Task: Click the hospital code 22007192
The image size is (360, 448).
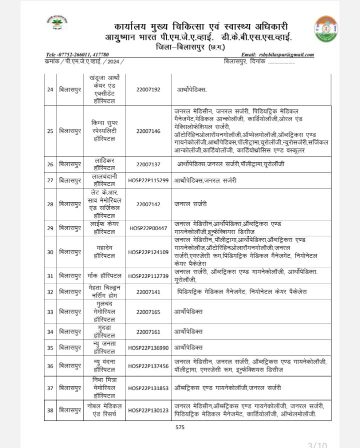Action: pos(148,90)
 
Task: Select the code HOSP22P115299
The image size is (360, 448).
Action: pos(148,180)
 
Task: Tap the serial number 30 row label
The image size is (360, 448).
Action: pos(50,252)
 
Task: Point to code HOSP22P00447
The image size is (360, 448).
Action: pos(148,228)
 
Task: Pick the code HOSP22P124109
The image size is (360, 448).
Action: pos(148,252)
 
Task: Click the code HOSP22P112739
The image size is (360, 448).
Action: pos(148,276)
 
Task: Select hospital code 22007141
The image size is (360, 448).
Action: pos(148,292)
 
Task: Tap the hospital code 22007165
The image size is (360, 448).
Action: pos(148,312)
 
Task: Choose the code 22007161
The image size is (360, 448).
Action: pos(148,332)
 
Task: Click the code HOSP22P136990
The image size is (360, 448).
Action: pos(148,348)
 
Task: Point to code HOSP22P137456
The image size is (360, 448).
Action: pos(148,366)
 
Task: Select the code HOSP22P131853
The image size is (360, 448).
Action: pos(148,388)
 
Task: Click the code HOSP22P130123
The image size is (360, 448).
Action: pos(148,411)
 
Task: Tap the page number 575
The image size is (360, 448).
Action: pos(180,428)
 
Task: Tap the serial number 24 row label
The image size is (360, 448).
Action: pos(50,90)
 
